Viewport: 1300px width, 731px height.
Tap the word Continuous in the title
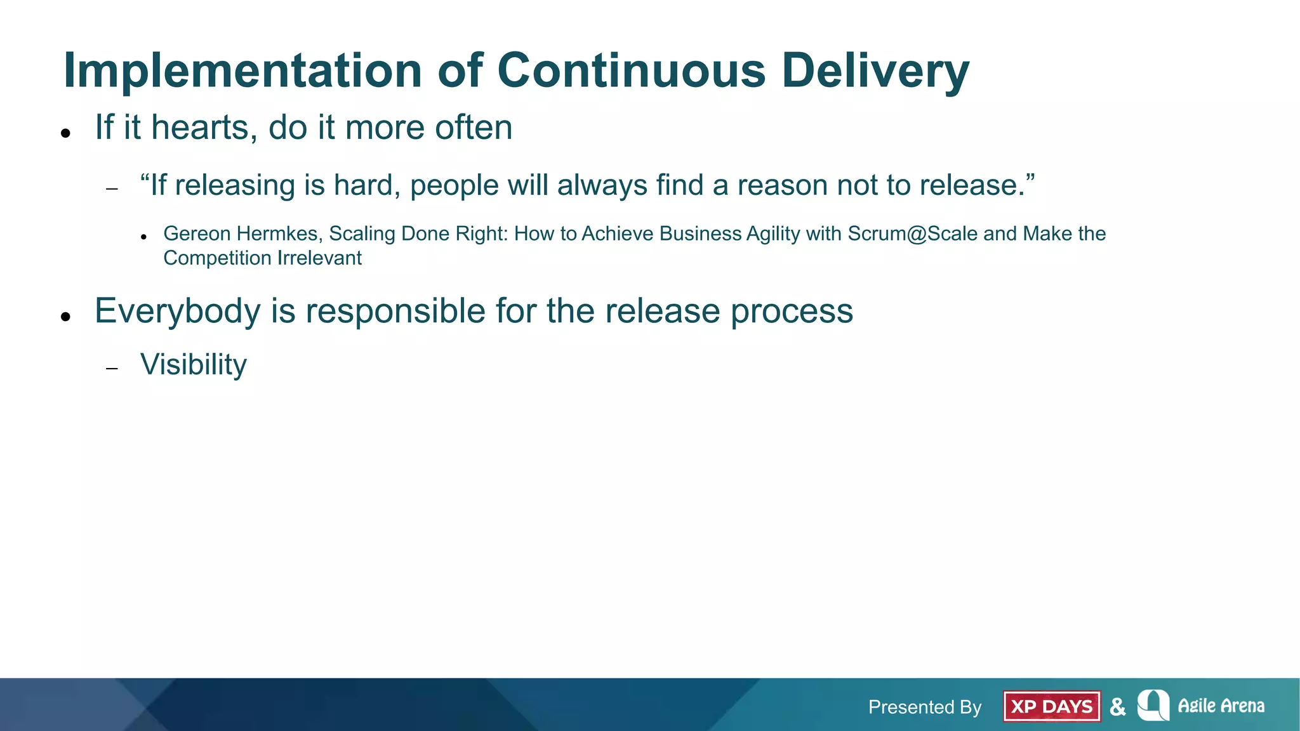click(x=632, y=70)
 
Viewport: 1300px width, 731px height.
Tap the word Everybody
click(x=178, y=312)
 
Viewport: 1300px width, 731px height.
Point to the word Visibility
click(x=194, y=365)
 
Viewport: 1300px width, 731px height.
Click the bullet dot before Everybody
click(x=65, y=316)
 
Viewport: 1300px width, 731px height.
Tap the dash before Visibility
click(x=112, y=369)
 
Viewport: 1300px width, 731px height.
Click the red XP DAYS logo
click(x=1052, y=706)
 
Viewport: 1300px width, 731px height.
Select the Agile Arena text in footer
click(x=1221, y=706)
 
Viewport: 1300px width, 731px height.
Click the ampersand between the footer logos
click(x=1118, y=706)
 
